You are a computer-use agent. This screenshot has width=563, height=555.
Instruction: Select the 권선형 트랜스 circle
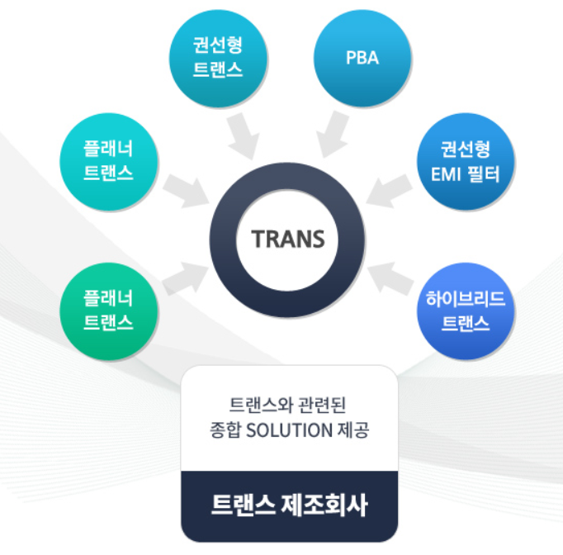pyautogui.click(x=217, y=59)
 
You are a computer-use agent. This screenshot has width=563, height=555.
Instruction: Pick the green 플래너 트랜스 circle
pyautogui.click(x=108, y=309)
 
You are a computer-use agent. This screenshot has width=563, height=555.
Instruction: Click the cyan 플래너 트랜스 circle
pyautogui.click(x=108, y=161)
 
